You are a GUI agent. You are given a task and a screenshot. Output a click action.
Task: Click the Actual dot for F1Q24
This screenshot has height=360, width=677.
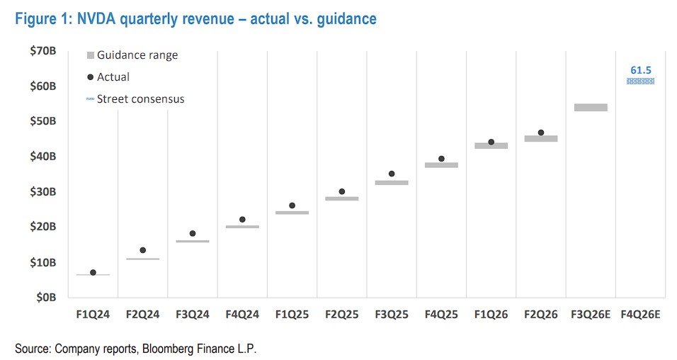[x=93, y=272]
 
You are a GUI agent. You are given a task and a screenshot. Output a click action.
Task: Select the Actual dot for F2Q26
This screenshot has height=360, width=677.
[x=541, y=133]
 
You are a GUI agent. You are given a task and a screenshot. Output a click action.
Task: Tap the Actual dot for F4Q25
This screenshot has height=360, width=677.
[x=441, y=159]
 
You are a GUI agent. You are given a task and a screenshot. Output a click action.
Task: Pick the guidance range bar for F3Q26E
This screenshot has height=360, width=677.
[x=591, y=108]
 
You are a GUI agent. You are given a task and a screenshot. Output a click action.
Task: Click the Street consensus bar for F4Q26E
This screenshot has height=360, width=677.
[x=640, y=81]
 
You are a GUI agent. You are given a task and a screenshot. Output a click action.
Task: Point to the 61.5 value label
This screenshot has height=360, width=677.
[x=640, y=69]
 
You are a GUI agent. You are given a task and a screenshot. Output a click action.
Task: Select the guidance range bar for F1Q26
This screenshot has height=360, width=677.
[x=491, y=145]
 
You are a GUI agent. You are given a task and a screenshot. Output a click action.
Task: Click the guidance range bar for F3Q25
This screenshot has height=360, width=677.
[x=392, y=182]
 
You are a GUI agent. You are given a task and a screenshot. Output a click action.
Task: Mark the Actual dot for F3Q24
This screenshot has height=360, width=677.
[x=192, y=233]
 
